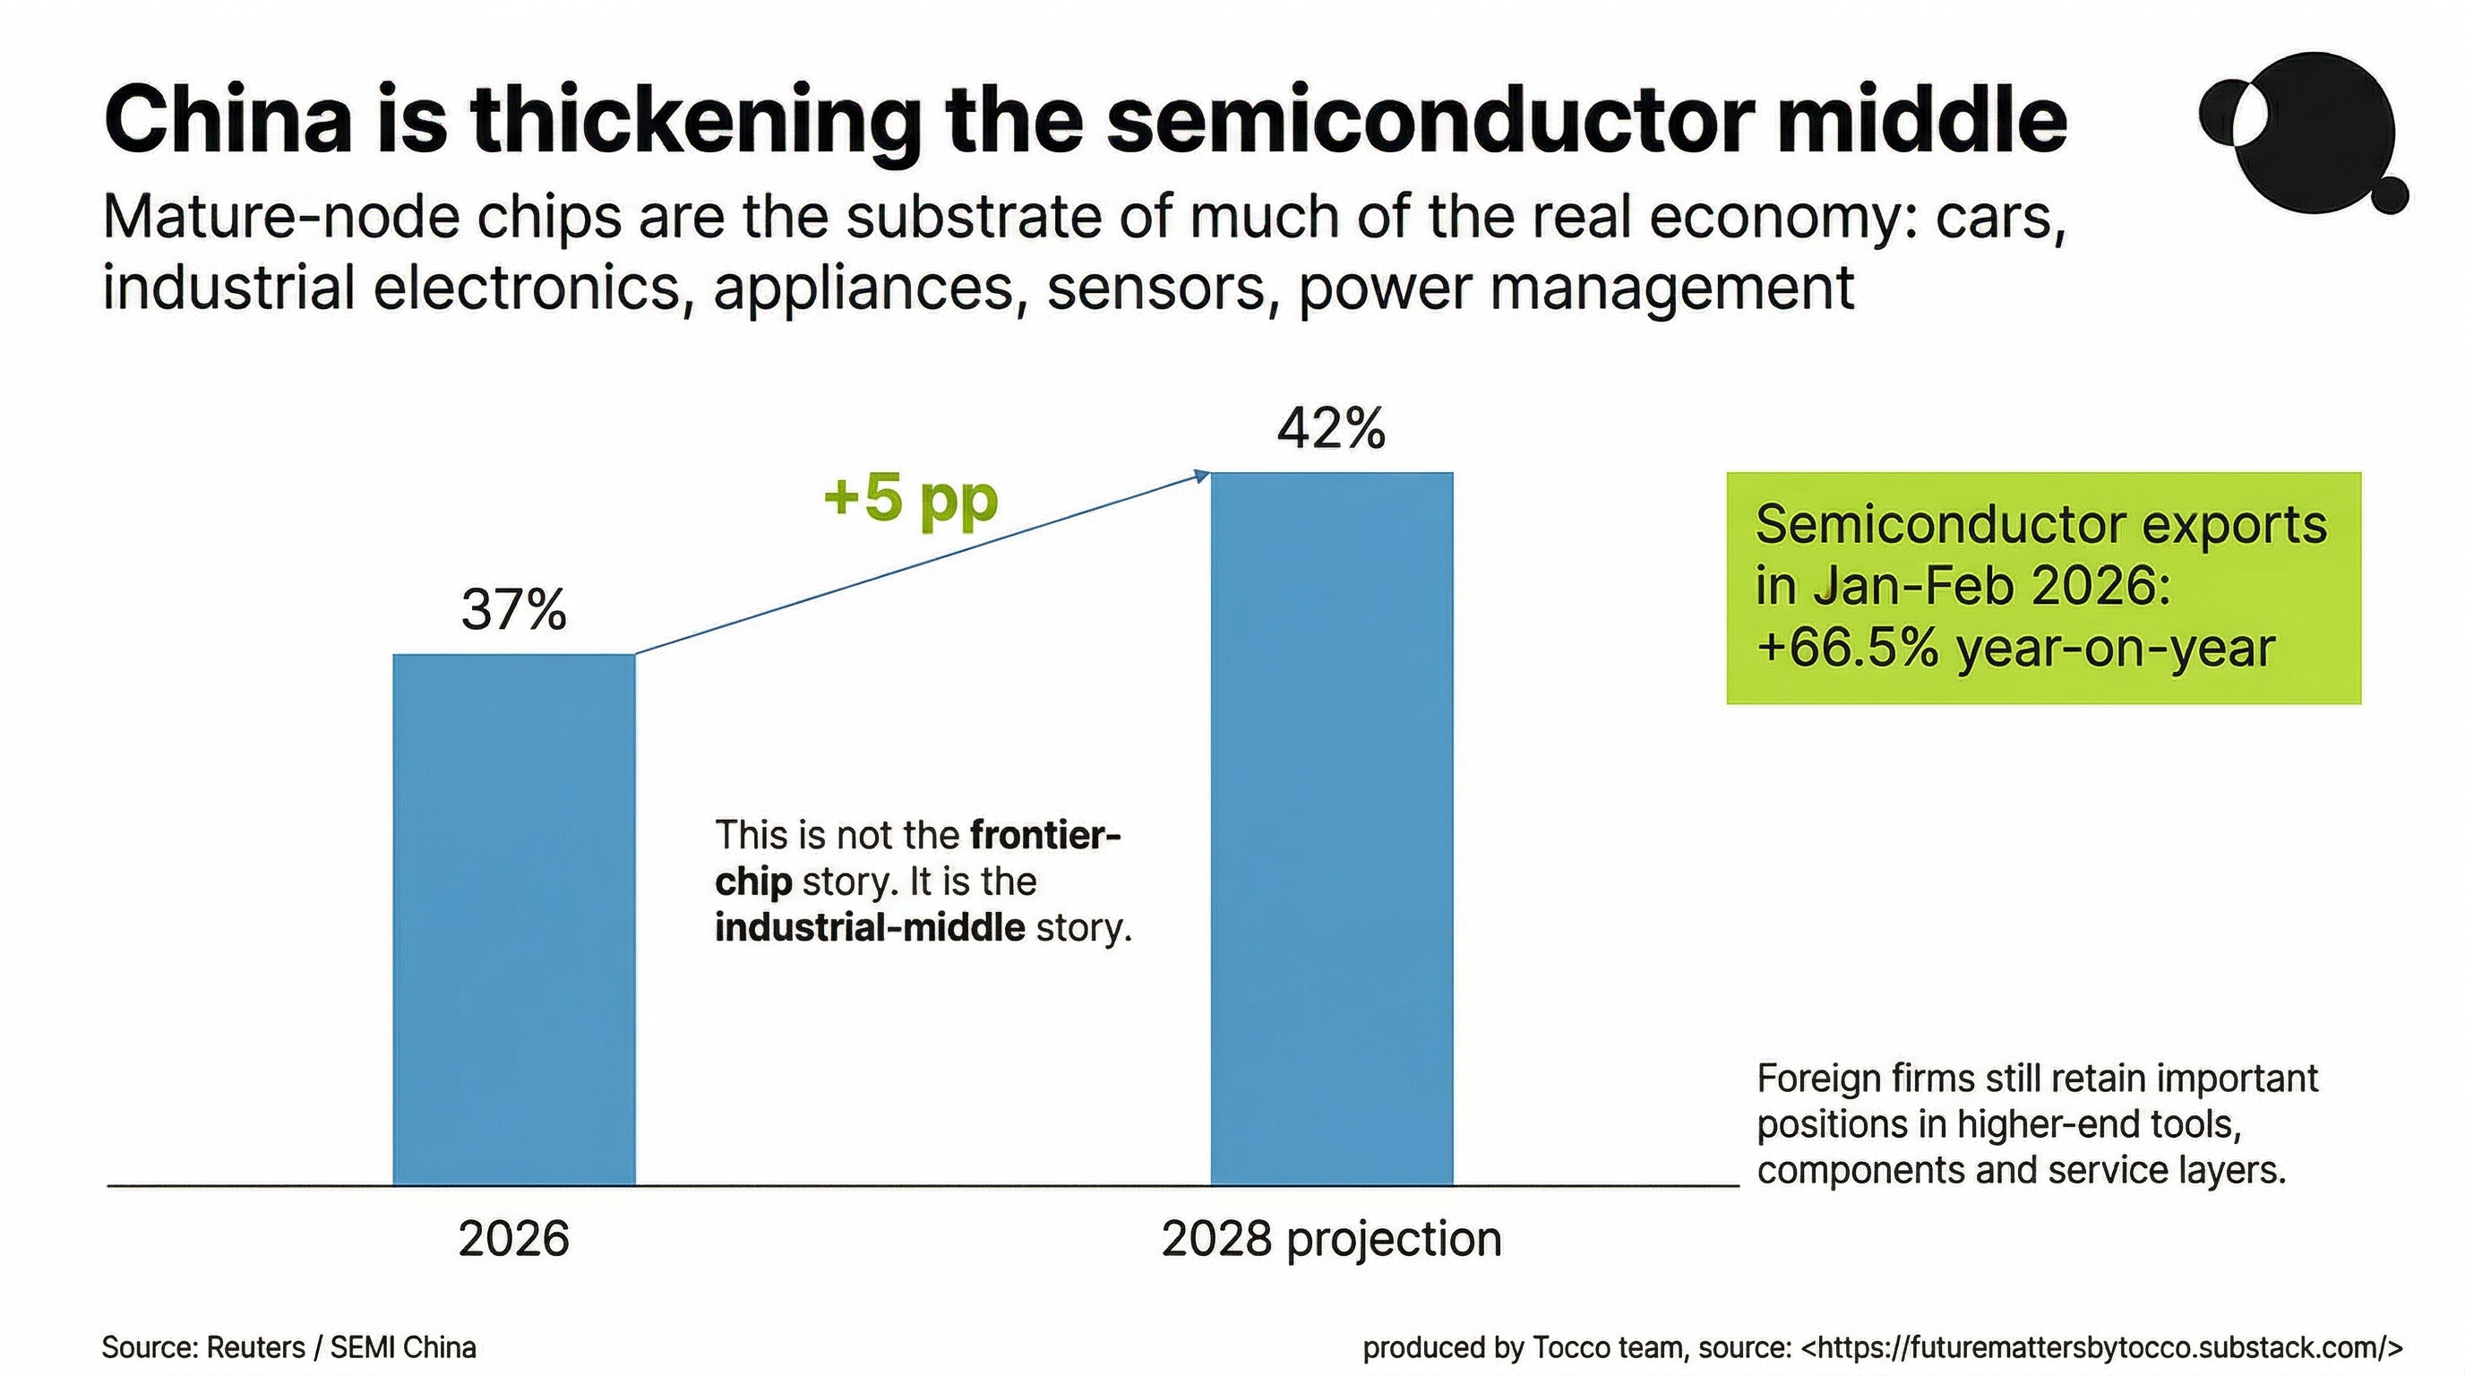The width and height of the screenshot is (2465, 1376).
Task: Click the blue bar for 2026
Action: (x=514, y=919)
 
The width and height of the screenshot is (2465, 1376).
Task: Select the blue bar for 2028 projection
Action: (x=1332, y=829)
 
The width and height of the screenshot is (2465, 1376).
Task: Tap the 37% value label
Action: (x=514, y=609)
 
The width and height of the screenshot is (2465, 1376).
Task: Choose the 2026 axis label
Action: (x=514, y=1238)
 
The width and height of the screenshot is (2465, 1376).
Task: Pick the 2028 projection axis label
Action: (x=1331, y=1240)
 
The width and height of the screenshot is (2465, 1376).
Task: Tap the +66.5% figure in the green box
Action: (x=1848, y=648)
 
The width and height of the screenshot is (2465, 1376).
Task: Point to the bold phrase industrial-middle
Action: (x=870, y=927)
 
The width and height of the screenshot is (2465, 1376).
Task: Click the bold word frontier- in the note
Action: (x=1045, y=835)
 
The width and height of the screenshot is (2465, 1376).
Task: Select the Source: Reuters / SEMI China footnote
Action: (x=289, y=1347)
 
